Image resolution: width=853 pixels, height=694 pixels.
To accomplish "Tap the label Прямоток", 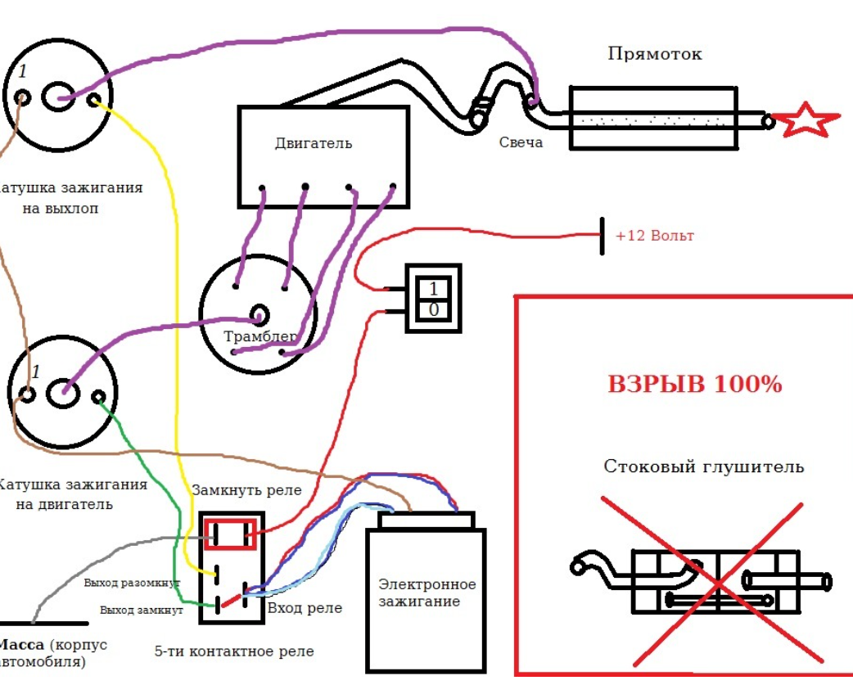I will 655,54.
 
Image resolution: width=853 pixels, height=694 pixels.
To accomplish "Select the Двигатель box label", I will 314,143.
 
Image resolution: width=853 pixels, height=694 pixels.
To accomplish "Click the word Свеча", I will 521,142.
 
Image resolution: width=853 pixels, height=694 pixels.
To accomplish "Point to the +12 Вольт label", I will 654,236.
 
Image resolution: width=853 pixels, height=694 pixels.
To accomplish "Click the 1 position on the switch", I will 433,288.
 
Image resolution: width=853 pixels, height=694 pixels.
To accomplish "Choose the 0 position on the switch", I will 433,310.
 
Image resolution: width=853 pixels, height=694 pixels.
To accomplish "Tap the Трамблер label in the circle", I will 259,336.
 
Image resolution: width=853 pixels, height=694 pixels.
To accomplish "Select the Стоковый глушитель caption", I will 703,466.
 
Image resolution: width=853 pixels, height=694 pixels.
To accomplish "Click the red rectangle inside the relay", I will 231,534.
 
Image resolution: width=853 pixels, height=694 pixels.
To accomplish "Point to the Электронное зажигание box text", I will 426,593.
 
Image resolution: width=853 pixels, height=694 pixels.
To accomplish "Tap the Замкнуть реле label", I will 246,490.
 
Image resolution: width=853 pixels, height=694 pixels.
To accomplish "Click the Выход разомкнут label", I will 132,584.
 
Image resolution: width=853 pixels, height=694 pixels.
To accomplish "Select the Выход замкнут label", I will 138,610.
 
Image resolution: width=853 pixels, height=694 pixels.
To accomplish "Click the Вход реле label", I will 305,608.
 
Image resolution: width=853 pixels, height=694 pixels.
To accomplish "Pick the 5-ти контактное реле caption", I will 233,651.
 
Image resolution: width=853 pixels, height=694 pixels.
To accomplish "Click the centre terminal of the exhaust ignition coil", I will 57,97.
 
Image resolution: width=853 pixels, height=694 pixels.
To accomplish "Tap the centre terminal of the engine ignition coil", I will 61,394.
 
